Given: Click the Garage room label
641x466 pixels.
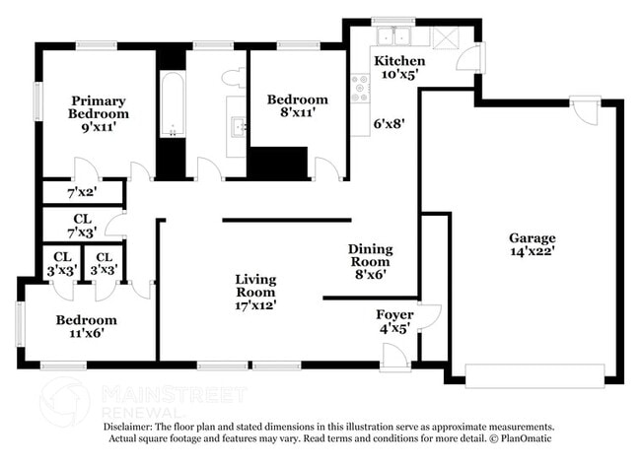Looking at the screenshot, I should (532, 237).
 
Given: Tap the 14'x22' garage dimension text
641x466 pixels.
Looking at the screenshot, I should (532, 251).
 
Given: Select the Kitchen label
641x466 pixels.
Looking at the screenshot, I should (399, 61).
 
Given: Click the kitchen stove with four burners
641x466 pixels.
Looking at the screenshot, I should (360, 89).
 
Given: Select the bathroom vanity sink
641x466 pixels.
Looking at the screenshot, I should (238, 126).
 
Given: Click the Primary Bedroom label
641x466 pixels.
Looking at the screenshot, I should (99, 106).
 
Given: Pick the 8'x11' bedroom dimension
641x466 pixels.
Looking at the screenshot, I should (297, 113).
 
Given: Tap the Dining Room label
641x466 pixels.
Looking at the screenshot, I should (370, 255).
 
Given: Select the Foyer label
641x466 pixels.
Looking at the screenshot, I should (395, 315).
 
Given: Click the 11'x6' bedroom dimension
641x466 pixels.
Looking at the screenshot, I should (86, 333).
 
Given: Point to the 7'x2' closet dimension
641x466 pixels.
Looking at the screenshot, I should (81, 192).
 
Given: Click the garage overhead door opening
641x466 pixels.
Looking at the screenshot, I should (534, 375).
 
